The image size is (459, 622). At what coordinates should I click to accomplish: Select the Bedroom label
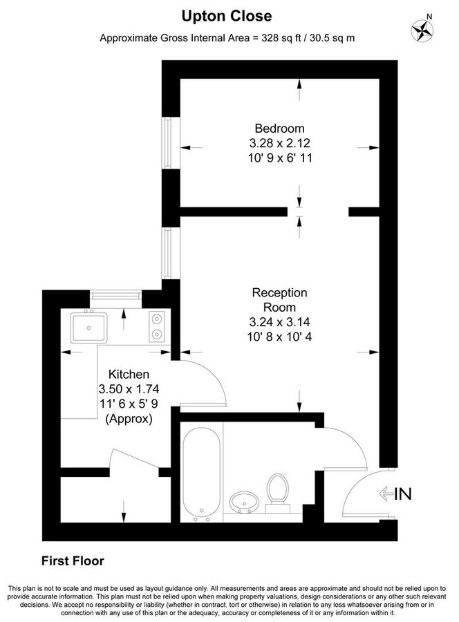point(279,129)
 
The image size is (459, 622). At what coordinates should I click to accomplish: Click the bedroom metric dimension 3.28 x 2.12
point(279,143)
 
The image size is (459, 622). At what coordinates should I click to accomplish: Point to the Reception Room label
point(279,300)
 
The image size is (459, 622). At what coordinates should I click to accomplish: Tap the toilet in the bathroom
point(279,491)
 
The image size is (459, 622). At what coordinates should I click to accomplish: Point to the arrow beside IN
point(386,493)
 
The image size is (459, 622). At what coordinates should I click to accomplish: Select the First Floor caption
point(73,560)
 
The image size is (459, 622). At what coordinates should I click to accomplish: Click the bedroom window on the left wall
point(167,142)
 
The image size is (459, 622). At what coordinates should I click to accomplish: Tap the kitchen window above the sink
point(115,296)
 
